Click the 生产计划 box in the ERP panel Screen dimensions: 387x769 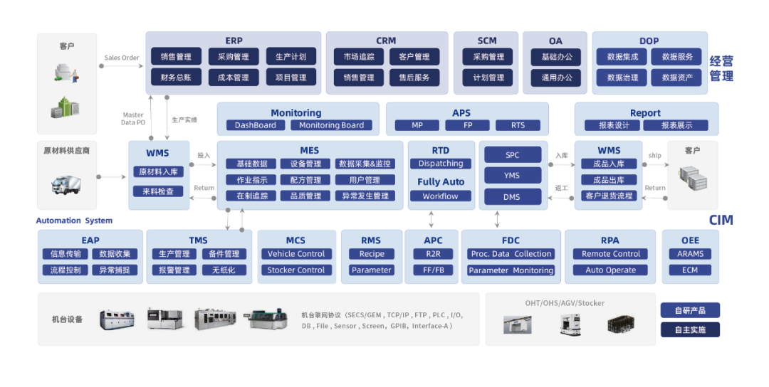click(291, 57)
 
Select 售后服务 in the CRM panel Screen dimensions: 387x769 click(414, 78)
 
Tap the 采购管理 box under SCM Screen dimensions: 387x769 click(488, 57)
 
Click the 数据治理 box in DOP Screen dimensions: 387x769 click(622, 78)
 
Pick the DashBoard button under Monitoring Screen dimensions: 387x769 click(256, 125)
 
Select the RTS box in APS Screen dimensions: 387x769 click(518, 125)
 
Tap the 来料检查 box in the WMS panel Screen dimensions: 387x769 click(158, 191)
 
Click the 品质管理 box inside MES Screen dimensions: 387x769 click(305, 196)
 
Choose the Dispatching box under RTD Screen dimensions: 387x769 click(440, 164)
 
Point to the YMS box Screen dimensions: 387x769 click(512, 175)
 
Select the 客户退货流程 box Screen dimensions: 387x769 click(609, 196)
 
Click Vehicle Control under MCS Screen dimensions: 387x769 click(295, 254)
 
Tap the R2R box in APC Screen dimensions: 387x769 click(434, 254)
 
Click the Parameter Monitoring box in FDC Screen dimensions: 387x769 click(511, 270)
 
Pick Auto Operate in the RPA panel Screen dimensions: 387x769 click(610, 270)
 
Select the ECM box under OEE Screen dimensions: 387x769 click(690, 270)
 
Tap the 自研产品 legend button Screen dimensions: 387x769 click(689, 310)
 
